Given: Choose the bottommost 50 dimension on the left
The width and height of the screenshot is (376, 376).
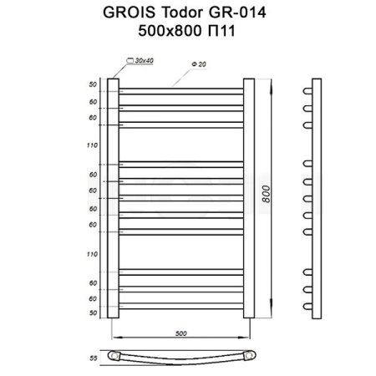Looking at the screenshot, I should (x=93, y=312).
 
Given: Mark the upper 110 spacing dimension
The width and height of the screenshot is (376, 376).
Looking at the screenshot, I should (x=93, y=145).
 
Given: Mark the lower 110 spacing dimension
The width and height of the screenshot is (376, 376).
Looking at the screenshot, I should (x=93, y=252).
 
